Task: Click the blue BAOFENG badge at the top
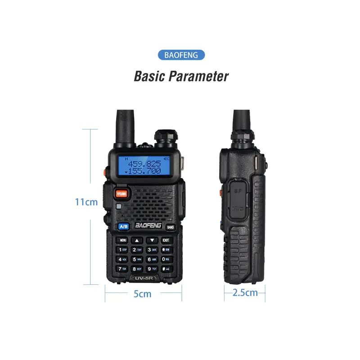pos(181,55)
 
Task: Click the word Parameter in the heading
pos(198,76)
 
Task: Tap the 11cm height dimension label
pos(86,202)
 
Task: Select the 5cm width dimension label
pos(142,294)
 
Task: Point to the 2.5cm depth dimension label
pos(245,293)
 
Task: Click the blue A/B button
pos(124,227)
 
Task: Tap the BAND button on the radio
pos(170,227)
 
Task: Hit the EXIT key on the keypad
pos(166,240)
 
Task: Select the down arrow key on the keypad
pos(152,240)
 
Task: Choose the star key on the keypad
pos(166,250)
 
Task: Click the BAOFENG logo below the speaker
pos(146,227)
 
